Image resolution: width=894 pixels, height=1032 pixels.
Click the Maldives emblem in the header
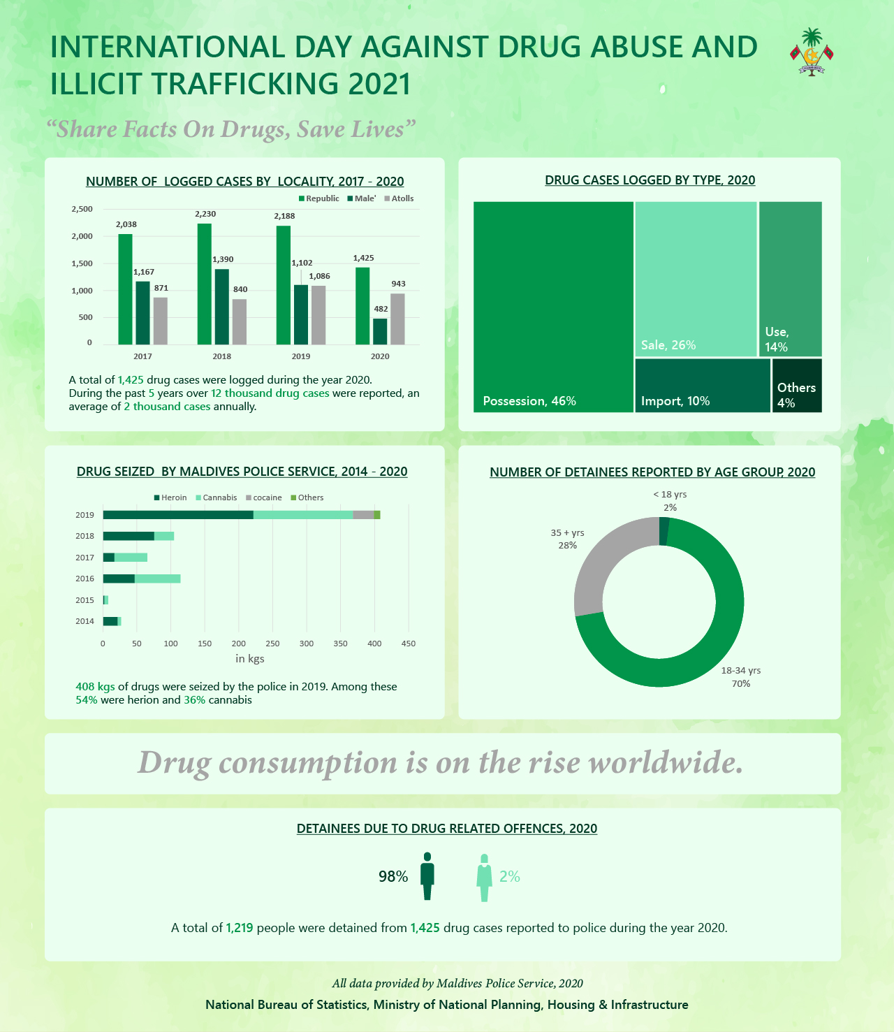[x=811, y=52]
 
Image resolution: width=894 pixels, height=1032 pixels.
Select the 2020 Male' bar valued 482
[x=380, y=331]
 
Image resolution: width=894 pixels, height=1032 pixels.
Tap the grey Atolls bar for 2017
[x=160, y=321]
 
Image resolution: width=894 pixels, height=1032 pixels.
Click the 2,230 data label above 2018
[x=205, y=214]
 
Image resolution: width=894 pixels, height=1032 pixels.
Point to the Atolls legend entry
[x=399, y=198]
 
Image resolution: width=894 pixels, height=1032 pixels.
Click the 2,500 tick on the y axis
[x=82, y=209]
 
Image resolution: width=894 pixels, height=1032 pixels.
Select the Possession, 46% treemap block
[x=553, y=307]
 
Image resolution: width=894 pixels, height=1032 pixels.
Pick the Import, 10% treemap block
[x=703, y=386]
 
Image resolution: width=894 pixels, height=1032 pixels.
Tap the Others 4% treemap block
[x=797, y=386]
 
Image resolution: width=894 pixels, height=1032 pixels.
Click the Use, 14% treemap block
[x=790, y=279]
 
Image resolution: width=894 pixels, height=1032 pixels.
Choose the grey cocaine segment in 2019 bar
[x=363, y=515]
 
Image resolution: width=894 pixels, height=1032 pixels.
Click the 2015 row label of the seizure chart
[x=85, y=600]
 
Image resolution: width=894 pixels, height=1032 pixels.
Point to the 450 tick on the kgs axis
[x=409, y=644]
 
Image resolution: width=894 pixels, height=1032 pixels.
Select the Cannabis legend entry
[x=216, y=497]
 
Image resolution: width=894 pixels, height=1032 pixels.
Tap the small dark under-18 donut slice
[x=664, y=531]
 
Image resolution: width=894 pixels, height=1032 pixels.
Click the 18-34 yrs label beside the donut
[x=741, y=671]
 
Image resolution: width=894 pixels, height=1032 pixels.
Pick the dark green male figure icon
[x=427, y=876]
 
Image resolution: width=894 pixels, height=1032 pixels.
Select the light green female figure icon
[x=484, y=878]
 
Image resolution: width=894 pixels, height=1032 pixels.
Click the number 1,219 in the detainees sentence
[x=239, y=928]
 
